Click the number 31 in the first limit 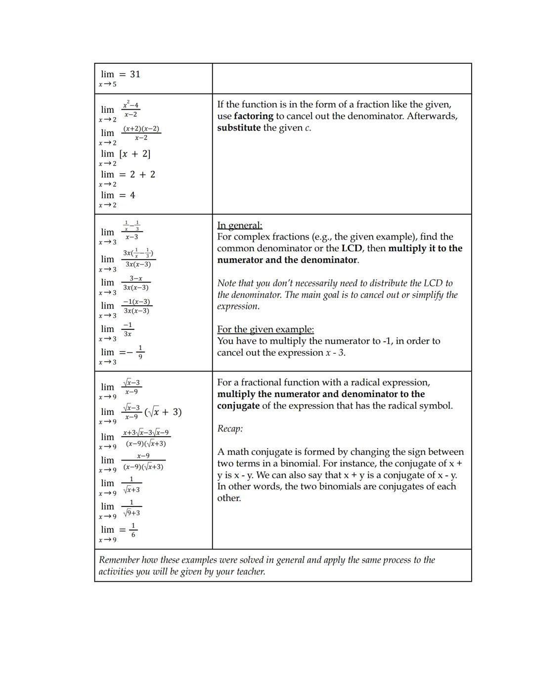135,74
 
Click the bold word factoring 253,116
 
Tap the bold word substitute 239,128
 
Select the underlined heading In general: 240,226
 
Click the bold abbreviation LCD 352,248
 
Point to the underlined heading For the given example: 266,329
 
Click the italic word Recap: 230,429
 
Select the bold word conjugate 238,406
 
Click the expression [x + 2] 135,154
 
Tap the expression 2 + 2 142,175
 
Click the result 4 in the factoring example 133,195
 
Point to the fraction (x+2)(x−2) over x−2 141,133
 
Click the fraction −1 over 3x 128,329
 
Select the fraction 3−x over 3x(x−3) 136,283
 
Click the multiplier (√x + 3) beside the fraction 163,412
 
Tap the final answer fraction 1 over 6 133,530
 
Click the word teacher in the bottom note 249,572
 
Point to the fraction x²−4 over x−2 131,110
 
